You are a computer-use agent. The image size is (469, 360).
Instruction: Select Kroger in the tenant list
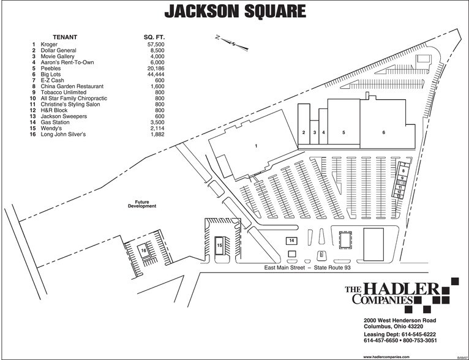(x=50, y=45)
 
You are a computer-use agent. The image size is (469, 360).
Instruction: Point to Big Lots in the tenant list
(x=51, y=74)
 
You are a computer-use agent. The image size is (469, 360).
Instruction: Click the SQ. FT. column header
(x=154, y=37)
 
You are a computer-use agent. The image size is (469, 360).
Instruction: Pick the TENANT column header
(x=64, y=37)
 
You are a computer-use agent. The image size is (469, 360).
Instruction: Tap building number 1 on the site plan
(x=255, y=146)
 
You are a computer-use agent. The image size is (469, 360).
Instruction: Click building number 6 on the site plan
(x=383, y=132)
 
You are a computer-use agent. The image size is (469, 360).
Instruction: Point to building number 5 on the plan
(x=343, y=132)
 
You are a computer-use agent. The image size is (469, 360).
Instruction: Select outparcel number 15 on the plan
(x=219, y=245)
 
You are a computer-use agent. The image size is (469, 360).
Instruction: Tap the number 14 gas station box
(x=292, y=240)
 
